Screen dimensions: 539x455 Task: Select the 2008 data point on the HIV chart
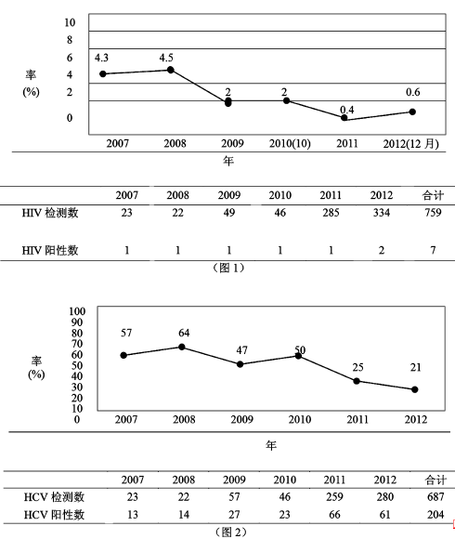pos(170,70)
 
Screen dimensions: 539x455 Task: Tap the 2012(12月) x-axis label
pos(412,143)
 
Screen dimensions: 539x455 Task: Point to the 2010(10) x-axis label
pos(289,143)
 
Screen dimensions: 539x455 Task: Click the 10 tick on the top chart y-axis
pos(69,21)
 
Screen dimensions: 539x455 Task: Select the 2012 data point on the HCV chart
pos(414,389)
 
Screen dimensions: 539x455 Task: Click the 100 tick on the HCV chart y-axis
pos(77,311)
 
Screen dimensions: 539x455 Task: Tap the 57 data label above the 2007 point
pos(125,332)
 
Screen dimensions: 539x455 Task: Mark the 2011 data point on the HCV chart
pos(357,381)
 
